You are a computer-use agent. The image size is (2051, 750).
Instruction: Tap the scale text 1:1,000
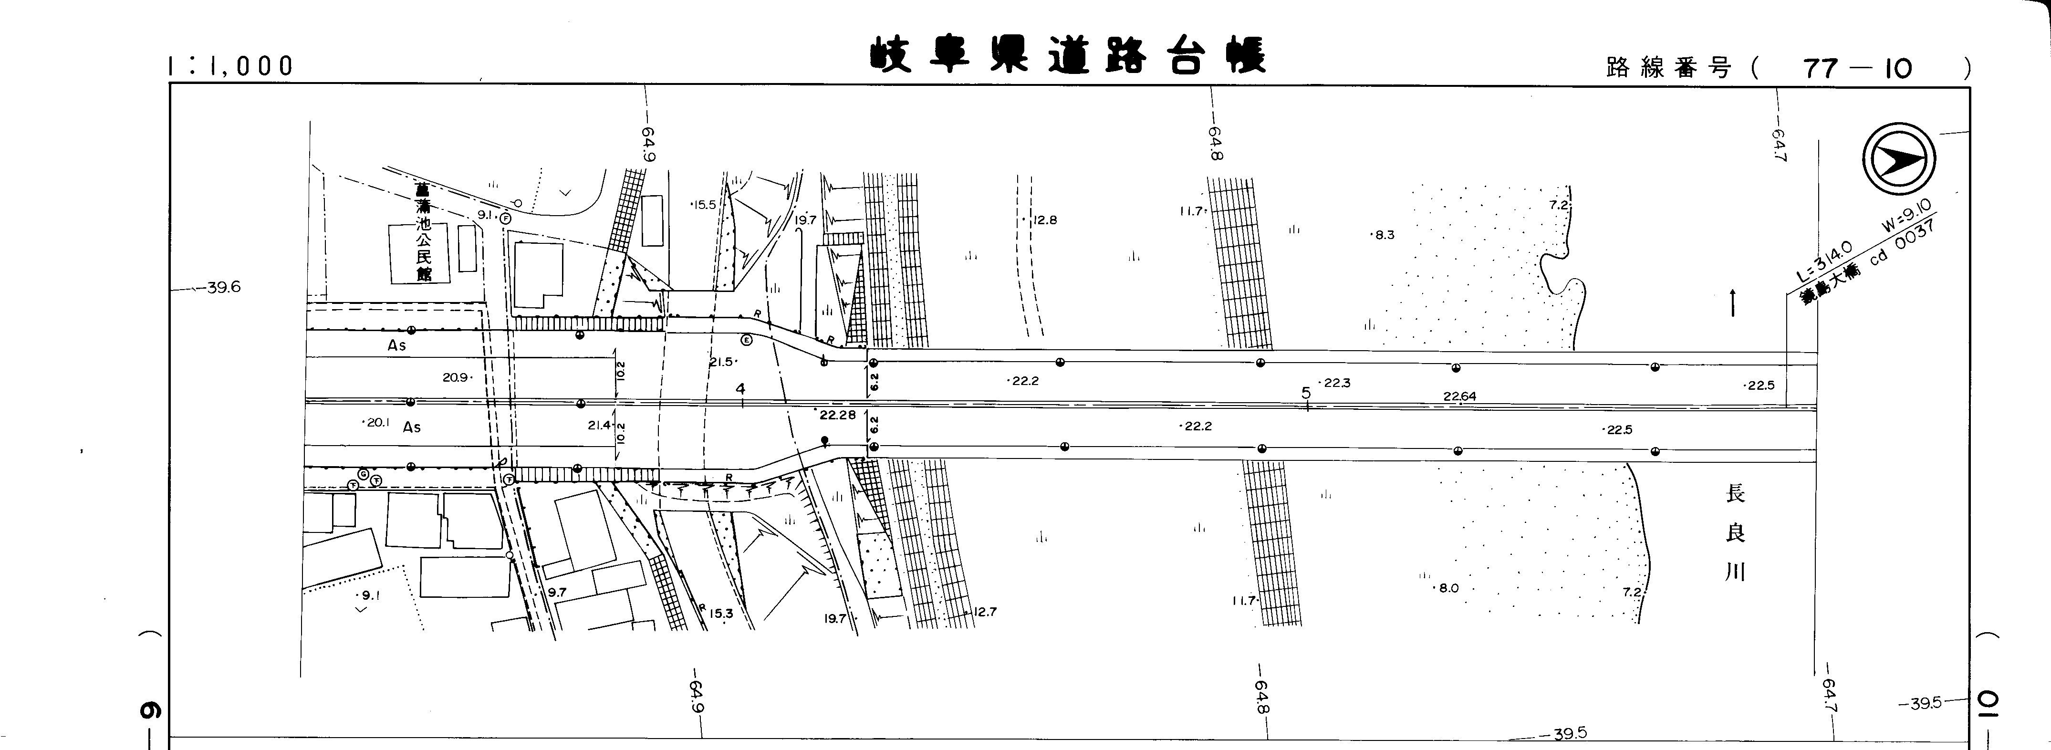[x=231, y=66]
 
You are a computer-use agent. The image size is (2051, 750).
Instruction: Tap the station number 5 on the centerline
[x=1306, y=393]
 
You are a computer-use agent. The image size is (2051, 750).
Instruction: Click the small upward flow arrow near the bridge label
[x=1732, y=303]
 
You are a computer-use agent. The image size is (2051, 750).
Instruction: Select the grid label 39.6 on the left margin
[x=223, y=287]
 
